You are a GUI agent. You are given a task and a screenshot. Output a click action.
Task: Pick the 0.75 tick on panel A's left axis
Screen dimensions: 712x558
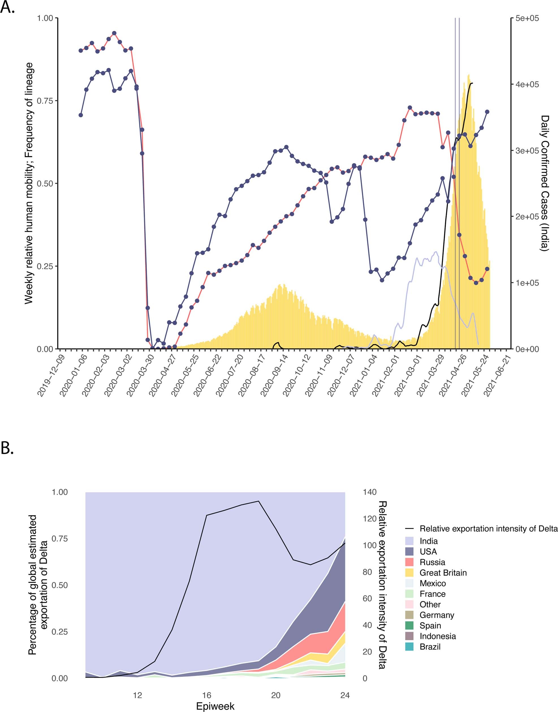[x=45, y=101]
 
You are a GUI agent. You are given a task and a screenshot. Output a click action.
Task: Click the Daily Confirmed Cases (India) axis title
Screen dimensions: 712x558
[x=545, y=183]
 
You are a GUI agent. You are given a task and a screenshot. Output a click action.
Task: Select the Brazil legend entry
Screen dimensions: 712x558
[x=430, y=647]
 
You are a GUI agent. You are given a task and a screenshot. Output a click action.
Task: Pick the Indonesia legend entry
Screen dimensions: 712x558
[x=437, y=636]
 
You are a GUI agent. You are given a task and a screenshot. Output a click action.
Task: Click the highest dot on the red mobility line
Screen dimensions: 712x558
[x=114, y=33]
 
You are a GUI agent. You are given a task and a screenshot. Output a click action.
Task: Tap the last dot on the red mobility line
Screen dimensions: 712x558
[x=487, y=269]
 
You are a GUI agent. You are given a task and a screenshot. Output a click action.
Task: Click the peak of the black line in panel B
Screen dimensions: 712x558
[x=258, y=501]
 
